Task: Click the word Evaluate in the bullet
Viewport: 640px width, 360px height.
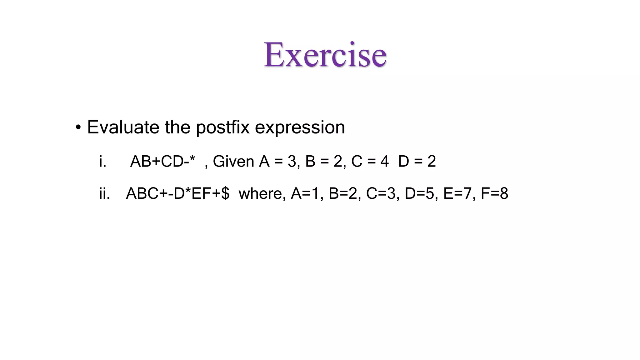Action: coord(123,127)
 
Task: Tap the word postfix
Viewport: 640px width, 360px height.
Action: coord(223,127)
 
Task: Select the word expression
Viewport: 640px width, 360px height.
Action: coord(300,127)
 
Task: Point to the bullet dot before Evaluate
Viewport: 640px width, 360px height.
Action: coord(78,127)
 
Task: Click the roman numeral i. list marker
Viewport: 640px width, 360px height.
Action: coord(102,162)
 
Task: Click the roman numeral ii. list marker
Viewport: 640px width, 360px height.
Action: coord(104,193)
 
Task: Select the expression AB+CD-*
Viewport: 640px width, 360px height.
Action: coord(162,162)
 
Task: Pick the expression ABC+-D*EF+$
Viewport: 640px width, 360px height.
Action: coord(177,193)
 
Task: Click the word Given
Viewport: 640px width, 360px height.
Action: coord(233,162)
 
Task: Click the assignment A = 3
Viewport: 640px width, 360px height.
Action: coord(278,162)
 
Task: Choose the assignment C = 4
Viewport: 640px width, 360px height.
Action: coord(370,162)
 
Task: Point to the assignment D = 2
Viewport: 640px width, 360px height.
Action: coord(417,162)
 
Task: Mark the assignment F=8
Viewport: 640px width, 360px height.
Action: coord(494,193)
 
